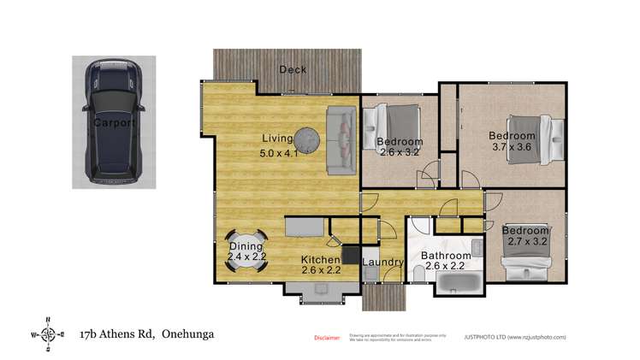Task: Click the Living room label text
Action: click(x=277, y=139)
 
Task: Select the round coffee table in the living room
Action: click(x=308, y=138)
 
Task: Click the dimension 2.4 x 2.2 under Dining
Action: click(x=246, y=256)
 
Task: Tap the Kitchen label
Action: click(x=321, y=258)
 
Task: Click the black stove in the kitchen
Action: click(x=350, y=253)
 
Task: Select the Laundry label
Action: click(x=382, y=263)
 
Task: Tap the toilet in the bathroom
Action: click(x=418, y=272)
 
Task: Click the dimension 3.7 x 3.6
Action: click(x=512, y=147)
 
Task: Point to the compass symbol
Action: click(x=49, y=334)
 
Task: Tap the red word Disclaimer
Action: click(x=327, y=338)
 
